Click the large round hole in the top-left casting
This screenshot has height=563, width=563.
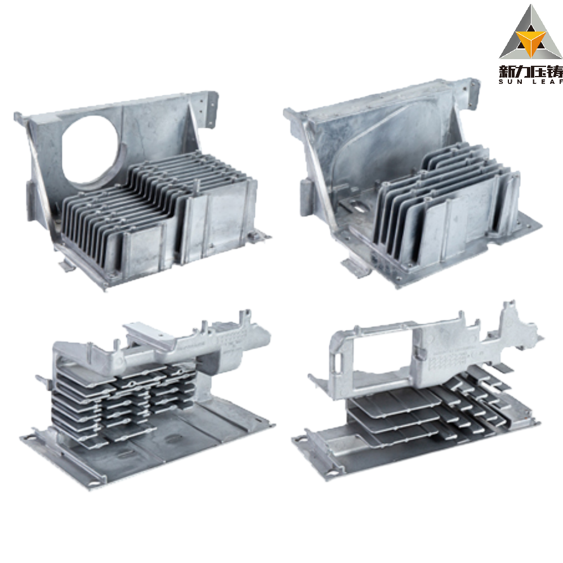(x=90, y=150)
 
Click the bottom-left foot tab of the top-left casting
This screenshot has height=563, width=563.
(x=67, y=265)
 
